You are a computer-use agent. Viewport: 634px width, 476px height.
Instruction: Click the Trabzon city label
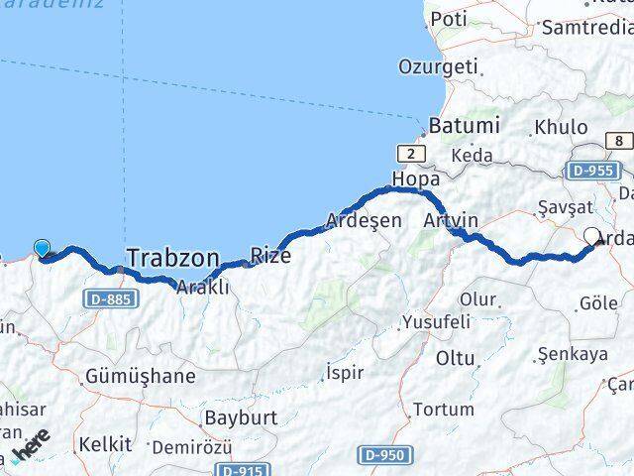[172, 259]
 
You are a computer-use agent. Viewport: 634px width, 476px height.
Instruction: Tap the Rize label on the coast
[269, 255]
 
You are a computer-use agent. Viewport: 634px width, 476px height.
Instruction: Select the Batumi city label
[464, 127]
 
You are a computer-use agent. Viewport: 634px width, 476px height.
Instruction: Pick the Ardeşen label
[365, 220]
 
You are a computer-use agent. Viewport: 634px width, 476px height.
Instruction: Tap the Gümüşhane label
[140, 377]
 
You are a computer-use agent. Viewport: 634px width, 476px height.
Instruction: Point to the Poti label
[449, 19]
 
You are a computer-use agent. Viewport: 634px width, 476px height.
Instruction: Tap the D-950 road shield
[385, 455]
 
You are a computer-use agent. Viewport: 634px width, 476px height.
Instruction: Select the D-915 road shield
[242, 470]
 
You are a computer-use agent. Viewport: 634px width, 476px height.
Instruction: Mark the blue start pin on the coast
[42, 248]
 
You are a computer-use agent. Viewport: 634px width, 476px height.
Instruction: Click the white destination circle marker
[592, 236]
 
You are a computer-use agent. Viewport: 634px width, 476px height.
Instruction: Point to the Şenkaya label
[572, 354]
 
